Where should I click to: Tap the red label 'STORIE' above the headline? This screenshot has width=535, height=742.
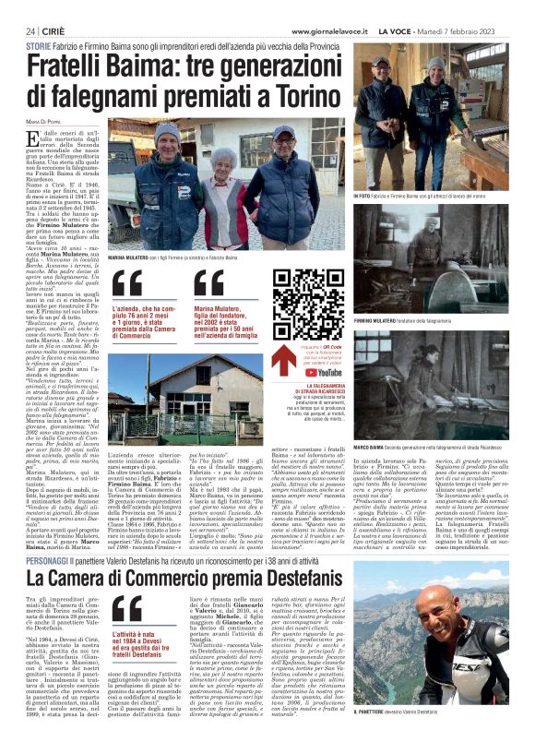coord(39,45)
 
